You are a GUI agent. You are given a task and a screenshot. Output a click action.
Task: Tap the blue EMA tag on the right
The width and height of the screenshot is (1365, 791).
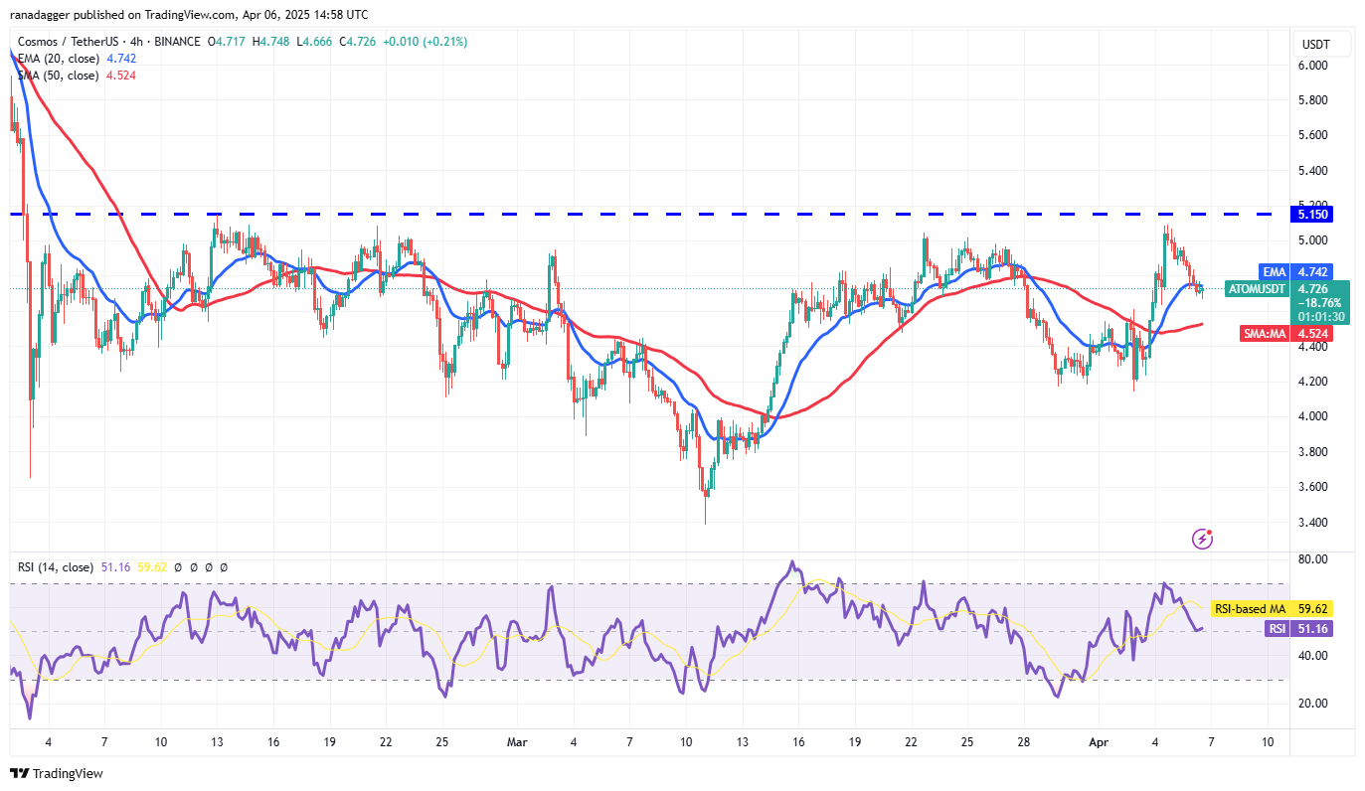tap(1274, 272)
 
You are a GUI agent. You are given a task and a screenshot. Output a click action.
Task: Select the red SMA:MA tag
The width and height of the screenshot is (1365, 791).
tap(1266, 334)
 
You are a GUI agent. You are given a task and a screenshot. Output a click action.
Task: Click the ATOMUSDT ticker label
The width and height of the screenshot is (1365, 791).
tap(1257, 288)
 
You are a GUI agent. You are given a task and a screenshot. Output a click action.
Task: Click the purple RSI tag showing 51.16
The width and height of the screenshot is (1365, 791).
tap(1276, 628)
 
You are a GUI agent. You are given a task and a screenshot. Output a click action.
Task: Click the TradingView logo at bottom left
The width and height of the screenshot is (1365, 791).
tap(57, 773)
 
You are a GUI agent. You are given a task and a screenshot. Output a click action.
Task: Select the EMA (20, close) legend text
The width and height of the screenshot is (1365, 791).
tap(57, 59)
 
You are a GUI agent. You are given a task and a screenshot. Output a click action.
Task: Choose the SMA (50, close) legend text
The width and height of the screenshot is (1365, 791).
tap(57, 76)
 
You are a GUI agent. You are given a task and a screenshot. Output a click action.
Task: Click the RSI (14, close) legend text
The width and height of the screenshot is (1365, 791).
tap(57, 567)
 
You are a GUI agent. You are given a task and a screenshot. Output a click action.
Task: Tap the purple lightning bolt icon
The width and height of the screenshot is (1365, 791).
tap(1202, 539)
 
